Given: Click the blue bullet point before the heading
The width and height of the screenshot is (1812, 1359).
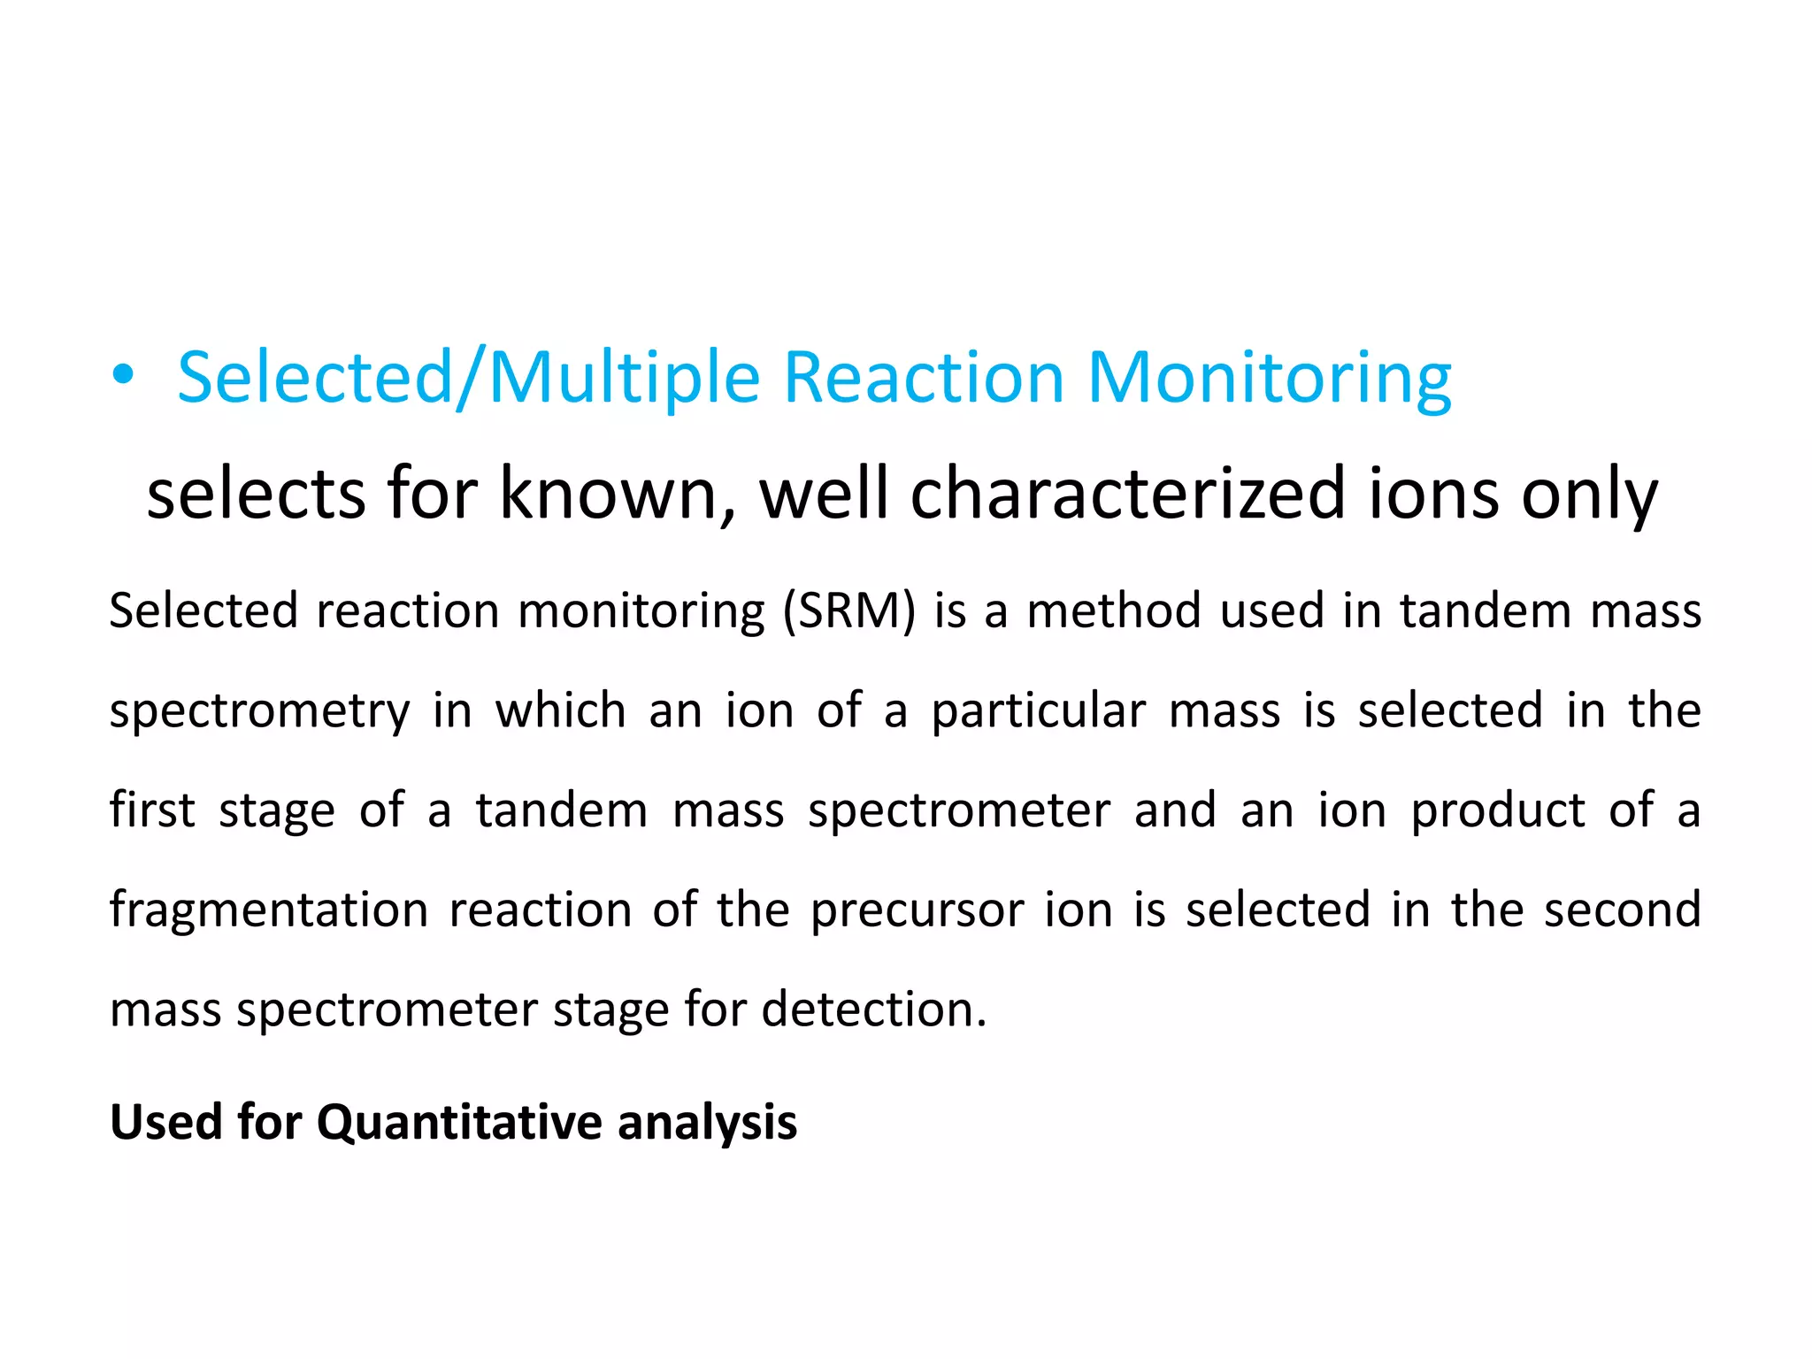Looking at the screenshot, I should tap(123, 376).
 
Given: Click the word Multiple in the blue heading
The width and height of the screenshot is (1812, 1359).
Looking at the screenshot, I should tap(624, 379).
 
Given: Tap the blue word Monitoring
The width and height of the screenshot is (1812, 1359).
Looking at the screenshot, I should tap(1269, 379).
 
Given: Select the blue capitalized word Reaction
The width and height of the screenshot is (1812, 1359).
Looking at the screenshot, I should tap(924, 379).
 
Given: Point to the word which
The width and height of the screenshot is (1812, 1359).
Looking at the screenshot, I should tap(560, 710).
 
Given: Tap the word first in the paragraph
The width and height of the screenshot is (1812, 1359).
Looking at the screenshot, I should tap(151, 810).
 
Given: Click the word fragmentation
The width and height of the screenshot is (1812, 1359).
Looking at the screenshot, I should tap(268, 911).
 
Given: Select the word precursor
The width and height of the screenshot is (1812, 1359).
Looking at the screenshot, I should tap(917, 911).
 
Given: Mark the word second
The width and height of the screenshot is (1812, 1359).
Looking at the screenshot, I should tap(1622, 910).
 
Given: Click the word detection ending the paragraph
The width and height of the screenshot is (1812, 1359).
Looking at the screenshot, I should tap(872, 1009).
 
